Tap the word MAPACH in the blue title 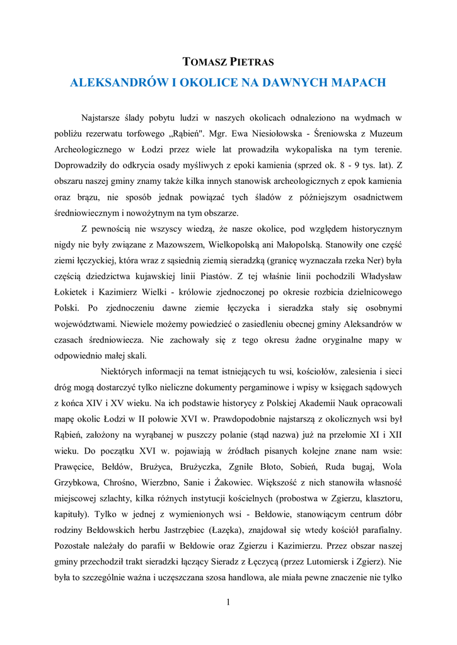tap(357, 82)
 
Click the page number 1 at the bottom tap(228, 603)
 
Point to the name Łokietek tap(73, 292)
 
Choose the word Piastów tap(211, 277)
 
